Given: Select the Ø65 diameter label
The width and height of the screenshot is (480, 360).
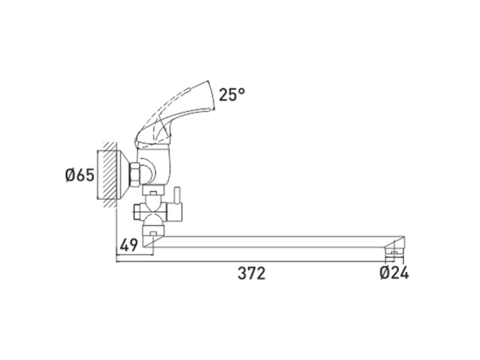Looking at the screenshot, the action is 80,175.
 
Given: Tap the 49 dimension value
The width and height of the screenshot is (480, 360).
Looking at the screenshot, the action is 129,245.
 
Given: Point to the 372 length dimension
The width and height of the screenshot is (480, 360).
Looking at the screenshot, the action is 251,273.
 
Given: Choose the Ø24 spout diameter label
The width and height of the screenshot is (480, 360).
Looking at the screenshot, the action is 394,273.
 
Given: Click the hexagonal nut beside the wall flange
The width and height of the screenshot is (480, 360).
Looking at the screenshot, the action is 135,175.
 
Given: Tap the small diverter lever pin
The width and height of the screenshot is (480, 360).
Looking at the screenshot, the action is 177,196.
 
